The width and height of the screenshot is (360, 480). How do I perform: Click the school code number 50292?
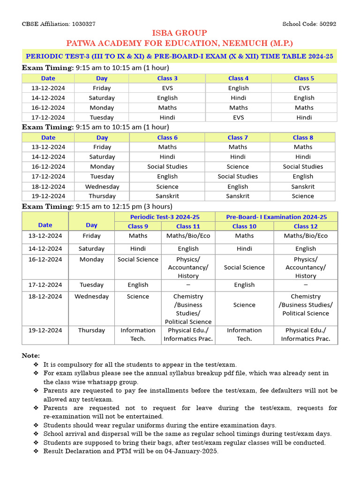[327, 24]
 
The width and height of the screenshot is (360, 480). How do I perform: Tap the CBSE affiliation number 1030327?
[83, 24]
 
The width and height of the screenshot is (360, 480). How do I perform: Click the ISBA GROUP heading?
[180, 33]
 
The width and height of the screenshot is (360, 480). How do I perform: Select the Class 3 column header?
[167, 78]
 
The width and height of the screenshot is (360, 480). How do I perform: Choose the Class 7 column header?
[238, 137]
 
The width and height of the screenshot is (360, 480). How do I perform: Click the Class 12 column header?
[306, 226]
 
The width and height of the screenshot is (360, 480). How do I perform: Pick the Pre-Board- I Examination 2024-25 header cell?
[276, 217]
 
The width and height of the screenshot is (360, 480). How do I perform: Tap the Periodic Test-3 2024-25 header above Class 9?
[165, 217]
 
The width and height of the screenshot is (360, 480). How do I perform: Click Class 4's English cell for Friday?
[239, 88]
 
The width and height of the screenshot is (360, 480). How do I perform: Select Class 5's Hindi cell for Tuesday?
[304, 118]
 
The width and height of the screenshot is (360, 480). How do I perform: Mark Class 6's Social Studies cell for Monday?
[167, 166]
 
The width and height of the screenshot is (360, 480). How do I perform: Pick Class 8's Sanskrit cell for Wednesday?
[303, 187]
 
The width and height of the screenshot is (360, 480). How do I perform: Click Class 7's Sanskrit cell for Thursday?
[238, 196]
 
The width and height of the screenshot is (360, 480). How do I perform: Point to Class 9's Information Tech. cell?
[138, 334]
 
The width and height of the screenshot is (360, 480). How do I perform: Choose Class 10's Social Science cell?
[244, 267]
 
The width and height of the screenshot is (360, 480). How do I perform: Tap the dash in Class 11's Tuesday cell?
[188, 285]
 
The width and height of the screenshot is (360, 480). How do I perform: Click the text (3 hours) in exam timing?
[155, 206]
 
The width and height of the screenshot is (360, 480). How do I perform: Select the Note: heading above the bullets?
[31, 356]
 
